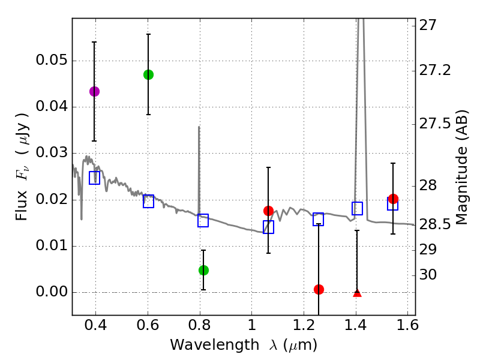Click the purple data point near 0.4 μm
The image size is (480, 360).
pos(94,91)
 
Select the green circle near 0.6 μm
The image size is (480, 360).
pos(148,74)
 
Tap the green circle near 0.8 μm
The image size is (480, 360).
pos(203,270)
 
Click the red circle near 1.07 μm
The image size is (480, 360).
pos(268,211)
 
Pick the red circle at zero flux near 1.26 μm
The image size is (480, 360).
pos(319,289)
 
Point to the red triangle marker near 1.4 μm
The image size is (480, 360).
pos(357,293)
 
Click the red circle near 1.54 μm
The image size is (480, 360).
pos(393,199)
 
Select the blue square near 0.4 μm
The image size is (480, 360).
pos(94,178)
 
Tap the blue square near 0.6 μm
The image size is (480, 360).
pos(148,202)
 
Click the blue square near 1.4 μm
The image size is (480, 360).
pos(357,209)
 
